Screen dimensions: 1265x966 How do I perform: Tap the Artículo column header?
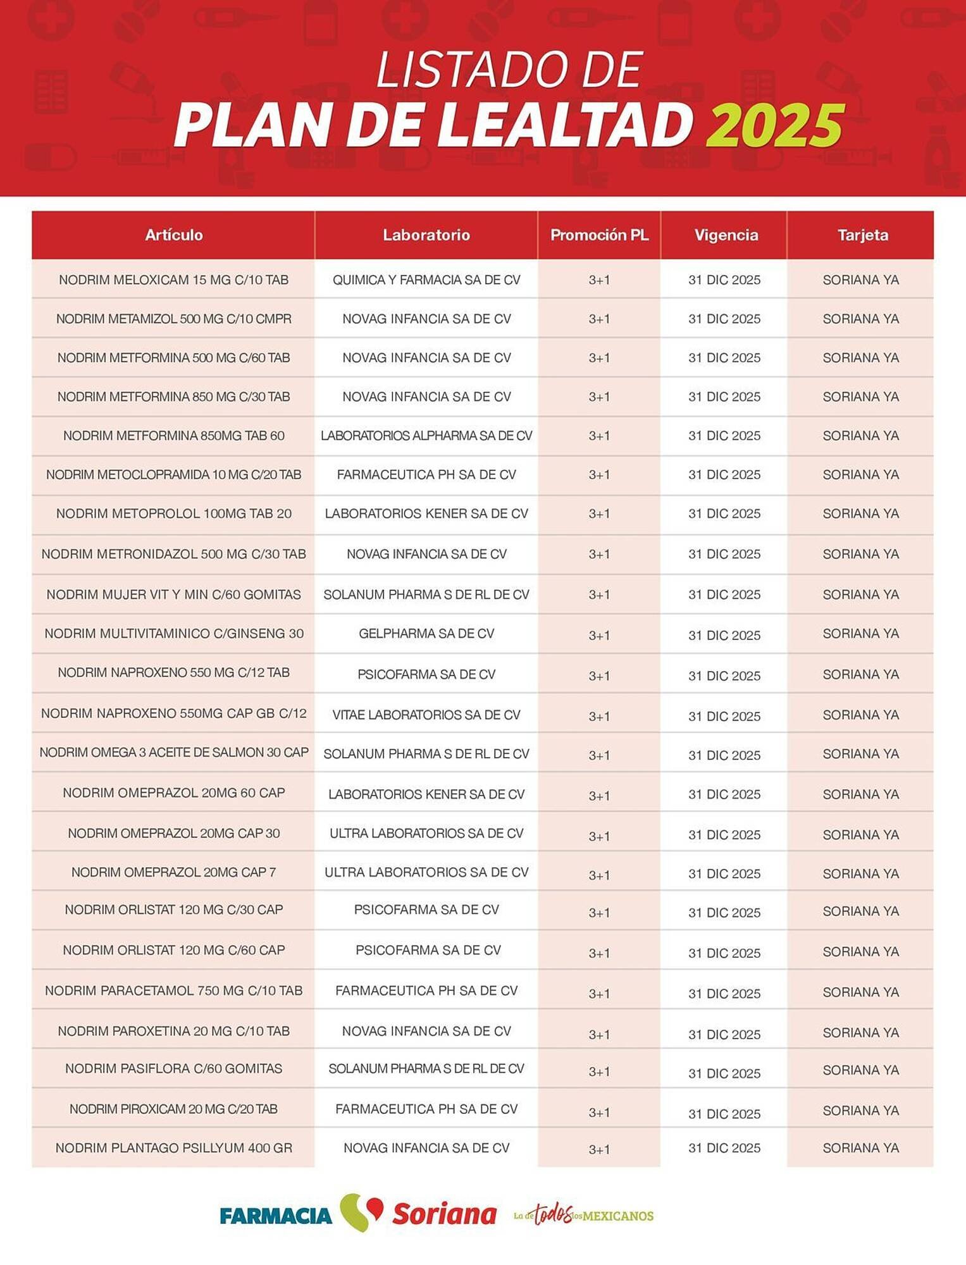click(174, 235)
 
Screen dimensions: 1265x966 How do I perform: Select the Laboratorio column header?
click(426, 235)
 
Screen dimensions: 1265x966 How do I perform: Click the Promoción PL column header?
click(599, 235)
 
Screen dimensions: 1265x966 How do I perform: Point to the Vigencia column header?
click(726, 235)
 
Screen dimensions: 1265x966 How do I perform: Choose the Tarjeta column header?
click(862, 235)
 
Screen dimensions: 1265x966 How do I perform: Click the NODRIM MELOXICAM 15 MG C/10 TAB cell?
click(174, 280)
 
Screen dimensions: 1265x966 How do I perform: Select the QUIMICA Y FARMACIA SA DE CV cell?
click(426, 280)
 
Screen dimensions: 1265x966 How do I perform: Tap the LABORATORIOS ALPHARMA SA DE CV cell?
click(426, 436)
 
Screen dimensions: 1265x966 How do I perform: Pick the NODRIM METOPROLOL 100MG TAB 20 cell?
click(174, 514)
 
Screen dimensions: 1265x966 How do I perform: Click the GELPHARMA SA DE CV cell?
click(426, 634)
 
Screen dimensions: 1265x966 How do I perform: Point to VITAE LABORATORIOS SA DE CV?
click(426, 715)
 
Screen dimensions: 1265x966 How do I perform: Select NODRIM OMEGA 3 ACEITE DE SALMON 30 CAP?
click(174, 753)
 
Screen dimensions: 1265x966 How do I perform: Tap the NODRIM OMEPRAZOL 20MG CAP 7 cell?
click(174, 872)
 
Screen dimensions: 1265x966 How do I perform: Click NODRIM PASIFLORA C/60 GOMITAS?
click(174, 1068)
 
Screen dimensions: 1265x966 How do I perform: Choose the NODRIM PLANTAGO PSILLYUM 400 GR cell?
click(174, 1148)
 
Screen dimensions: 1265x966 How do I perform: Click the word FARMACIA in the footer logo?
click(276, 1215)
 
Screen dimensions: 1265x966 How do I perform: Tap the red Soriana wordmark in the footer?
click(444, 1214)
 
